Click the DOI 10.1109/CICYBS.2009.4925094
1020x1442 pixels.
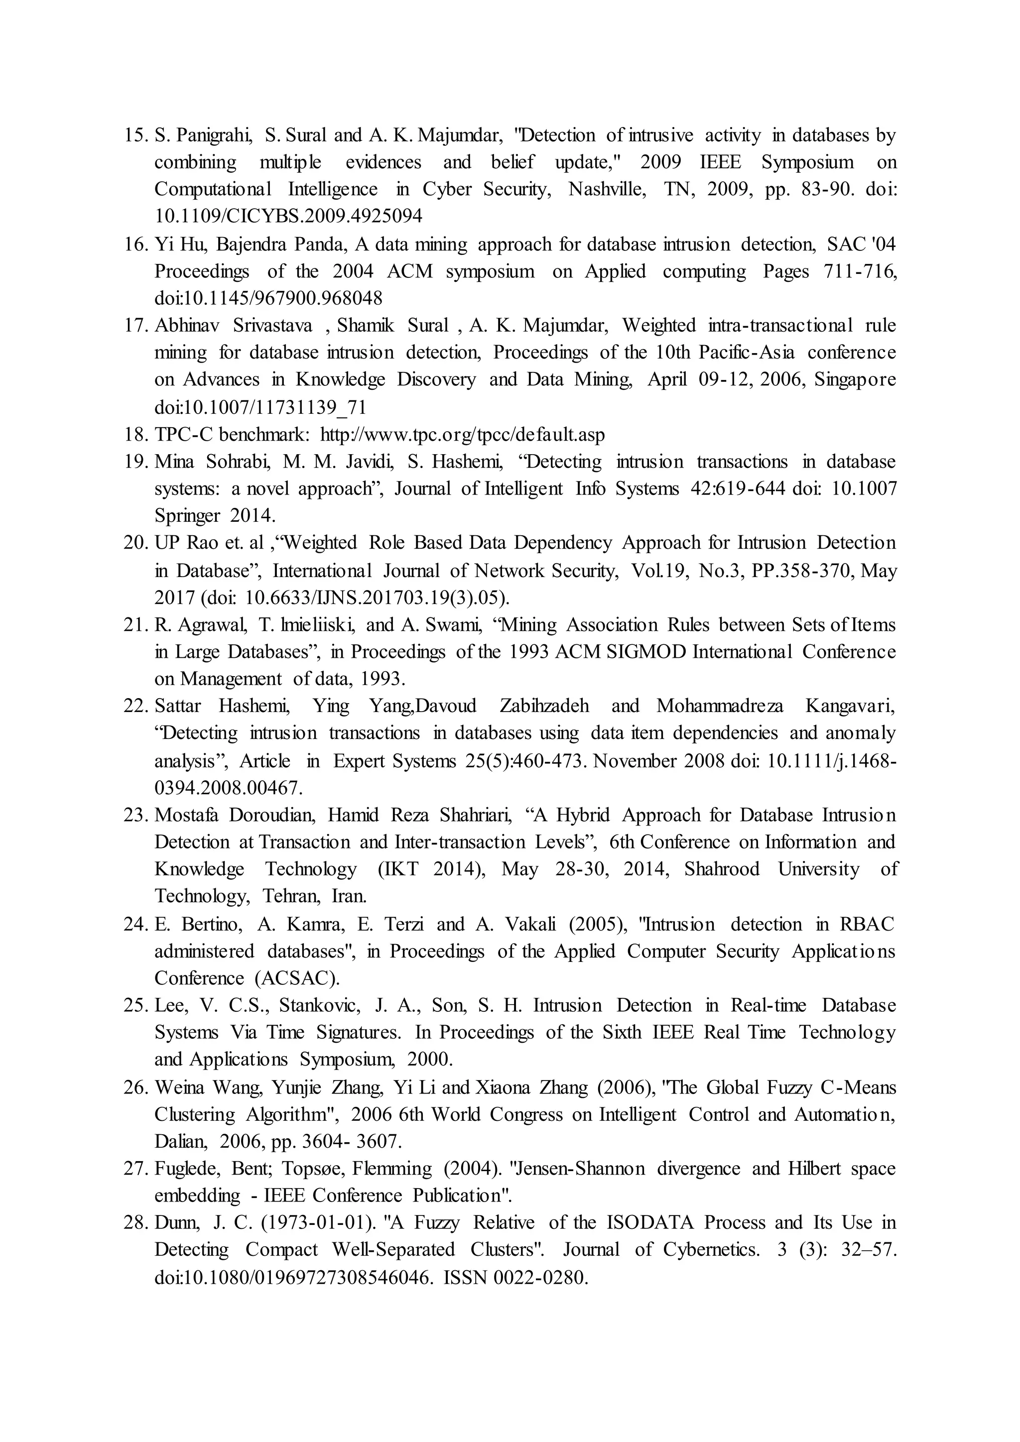(288, 217)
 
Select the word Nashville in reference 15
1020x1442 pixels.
(607, 190)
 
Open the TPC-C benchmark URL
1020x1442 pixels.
(462, 435)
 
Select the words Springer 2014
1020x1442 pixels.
(214, 516)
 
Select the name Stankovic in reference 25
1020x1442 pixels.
(319, 1005)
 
